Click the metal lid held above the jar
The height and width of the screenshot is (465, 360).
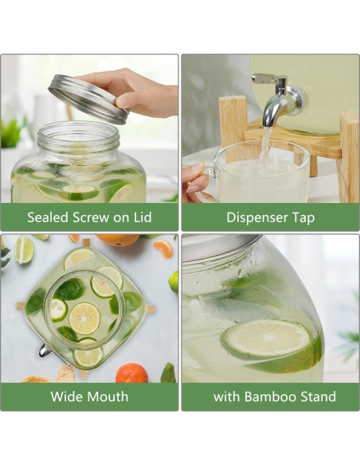coord(88,97)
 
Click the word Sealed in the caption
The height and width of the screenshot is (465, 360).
coord(49,217)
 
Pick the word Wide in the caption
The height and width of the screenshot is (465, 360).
coord(67,397)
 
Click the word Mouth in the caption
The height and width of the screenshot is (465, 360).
coord(108,397)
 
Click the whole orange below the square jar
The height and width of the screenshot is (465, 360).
coord(131,373)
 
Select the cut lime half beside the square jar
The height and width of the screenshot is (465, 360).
coord(24,249)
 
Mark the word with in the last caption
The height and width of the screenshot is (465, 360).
coord(228,397)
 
